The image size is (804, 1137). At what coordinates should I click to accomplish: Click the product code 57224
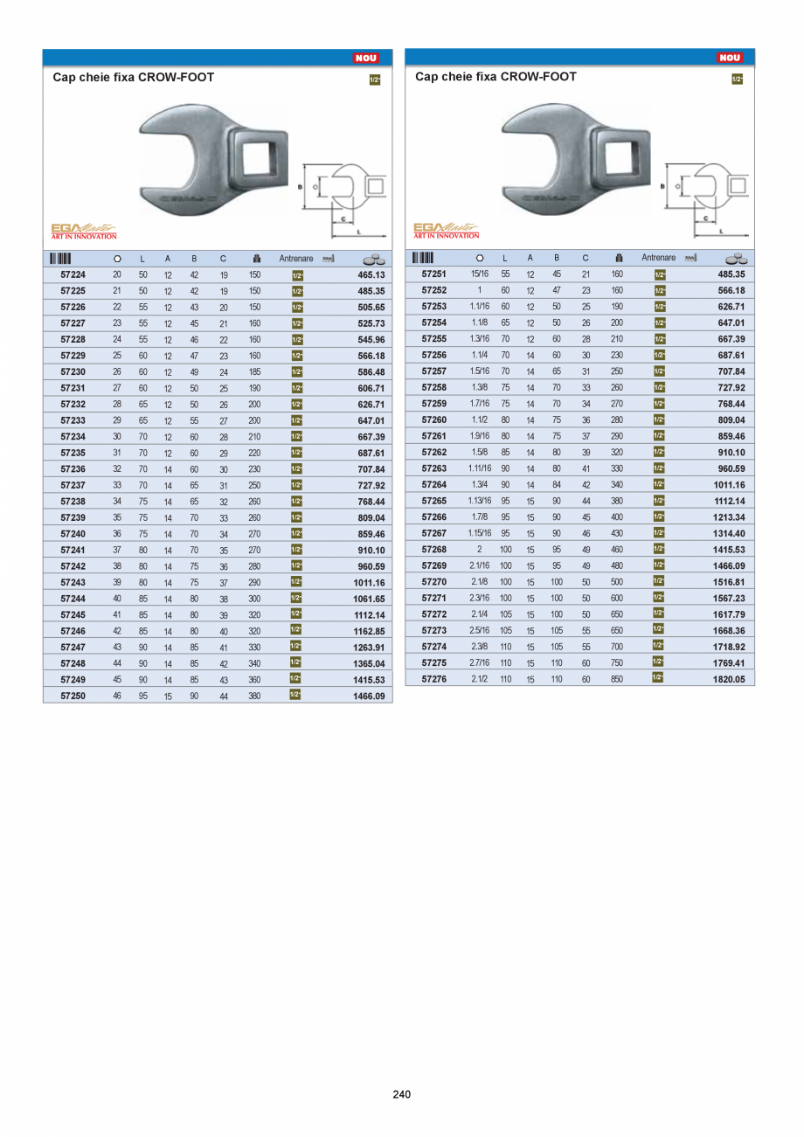[x=73, y=274]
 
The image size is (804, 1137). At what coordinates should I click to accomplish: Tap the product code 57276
[x=434, y=678]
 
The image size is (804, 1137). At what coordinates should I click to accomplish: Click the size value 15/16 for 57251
[x=479, y=274]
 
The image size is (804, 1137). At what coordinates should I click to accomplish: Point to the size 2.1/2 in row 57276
[x=479, y=678]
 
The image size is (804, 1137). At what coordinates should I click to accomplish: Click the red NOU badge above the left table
[x=365, y=59]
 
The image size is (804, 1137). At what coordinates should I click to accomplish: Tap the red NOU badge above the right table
[x=729, y=58]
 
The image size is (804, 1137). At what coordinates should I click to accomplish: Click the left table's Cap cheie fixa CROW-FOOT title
[x=134, y=77]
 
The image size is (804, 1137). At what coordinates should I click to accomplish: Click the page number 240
[x=402, y=1093]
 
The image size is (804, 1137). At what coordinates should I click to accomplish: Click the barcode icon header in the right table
[x=423, y=258]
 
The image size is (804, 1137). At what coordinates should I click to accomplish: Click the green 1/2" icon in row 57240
[x=296, y=533]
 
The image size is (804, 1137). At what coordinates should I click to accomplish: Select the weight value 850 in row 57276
[x=617, y=678]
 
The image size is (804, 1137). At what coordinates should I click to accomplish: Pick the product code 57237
[x=73, y=485]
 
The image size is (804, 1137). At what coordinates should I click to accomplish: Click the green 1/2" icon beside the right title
[x=736, y=80]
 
